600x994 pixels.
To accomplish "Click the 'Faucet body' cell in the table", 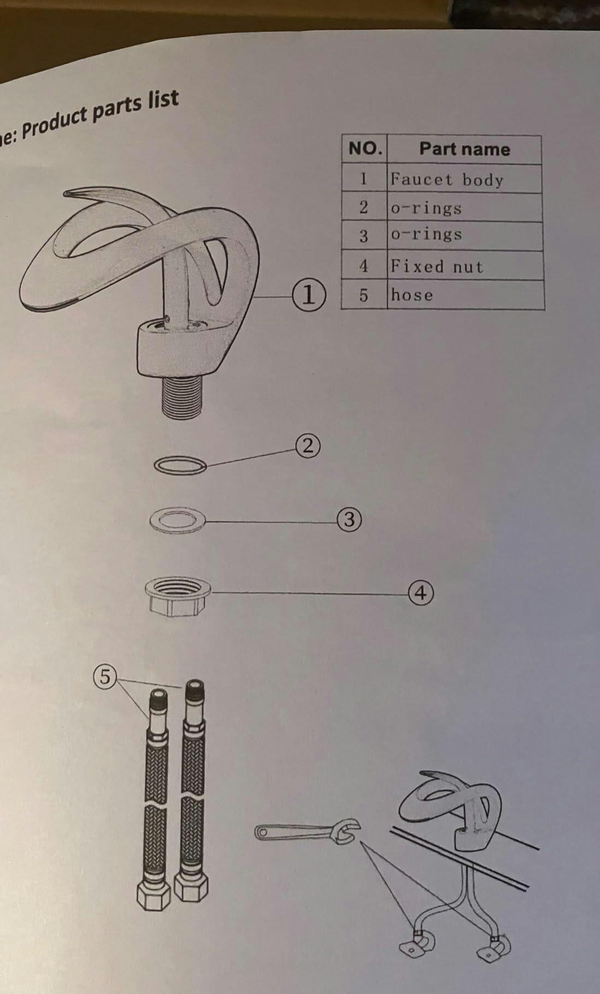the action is click(x=464, y=179).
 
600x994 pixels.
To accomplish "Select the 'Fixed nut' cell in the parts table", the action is click(x=465, y=266).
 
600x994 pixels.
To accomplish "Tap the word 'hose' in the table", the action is click(x=412, y=295).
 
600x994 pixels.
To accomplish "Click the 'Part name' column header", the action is click(x=464, y=149).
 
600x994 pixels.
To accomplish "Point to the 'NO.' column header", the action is click(x=364, y=149).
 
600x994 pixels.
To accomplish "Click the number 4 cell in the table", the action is click(x=364, y=266).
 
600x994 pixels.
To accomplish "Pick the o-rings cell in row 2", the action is click(x=464, y=208).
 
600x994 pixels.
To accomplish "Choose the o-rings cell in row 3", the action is click(x=464, y=236).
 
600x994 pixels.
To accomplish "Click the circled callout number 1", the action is click(x=309, y=295).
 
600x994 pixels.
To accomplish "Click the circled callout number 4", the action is click(x=421, y=593).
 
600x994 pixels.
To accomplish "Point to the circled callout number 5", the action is click(x=104, y=677).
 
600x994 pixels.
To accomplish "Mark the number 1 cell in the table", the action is click(x=364, y=179).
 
